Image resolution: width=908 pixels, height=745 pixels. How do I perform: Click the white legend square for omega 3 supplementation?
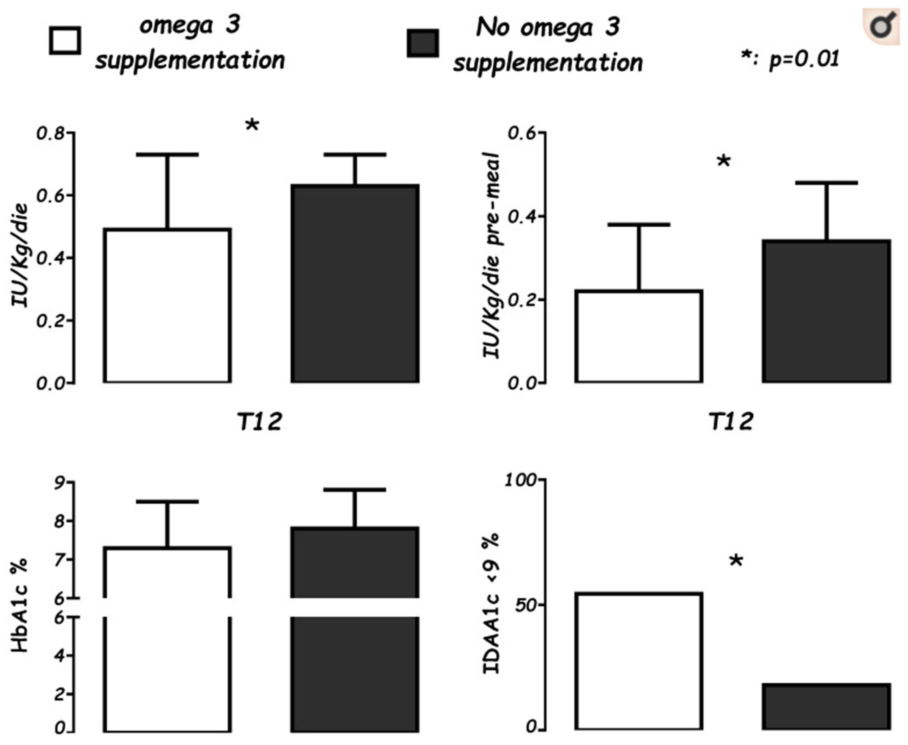(x=65, y=41)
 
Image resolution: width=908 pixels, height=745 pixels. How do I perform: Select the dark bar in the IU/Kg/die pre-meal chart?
(x=826, y=311)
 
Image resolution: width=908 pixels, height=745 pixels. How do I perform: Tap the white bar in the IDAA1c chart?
(x=639, y=661)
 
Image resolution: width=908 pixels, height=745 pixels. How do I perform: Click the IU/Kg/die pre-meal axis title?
(x=491, y=255)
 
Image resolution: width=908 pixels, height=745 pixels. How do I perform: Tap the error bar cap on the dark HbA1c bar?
(x=355, y=490)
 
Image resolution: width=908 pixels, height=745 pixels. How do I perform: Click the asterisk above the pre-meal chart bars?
(x=724, y=162)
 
